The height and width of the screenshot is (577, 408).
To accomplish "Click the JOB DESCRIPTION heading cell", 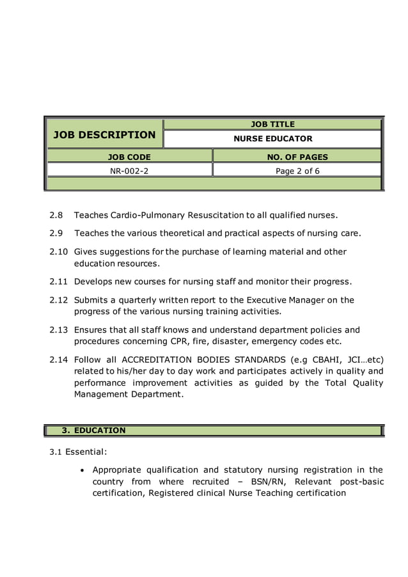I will pos(104,134).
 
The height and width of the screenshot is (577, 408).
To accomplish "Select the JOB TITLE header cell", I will pos(272,124).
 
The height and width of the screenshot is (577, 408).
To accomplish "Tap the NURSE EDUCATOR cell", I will pos(272,139).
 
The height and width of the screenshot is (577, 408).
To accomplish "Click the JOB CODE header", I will pos(129,157).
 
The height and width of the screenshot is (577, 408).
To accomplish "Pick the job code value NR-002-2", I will pos(129,171).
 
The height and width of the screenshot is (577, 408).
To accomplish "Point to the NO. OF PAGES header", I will pos(297,157).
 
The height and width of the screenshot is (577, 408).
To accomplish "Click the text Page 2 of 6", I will pos(297,171).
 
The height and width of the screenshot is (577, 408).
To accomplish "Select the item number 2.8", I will pos(57,215).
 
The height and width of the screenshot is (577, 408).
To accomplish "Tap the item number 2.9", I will pos(57,233).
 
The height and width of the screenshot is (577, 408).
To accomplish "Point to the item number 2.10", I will pos(59,251).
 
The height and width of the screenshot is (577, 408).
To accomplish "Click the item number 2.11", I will pos(59,281).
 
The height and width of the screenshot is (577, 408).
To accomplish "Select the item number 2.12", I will pos(59,299).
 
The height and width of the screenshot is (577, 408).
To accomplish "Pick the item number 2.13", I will pos(59,329).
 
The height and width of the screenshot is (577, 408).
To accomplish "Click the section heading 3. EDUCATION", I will pos(93,431).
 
